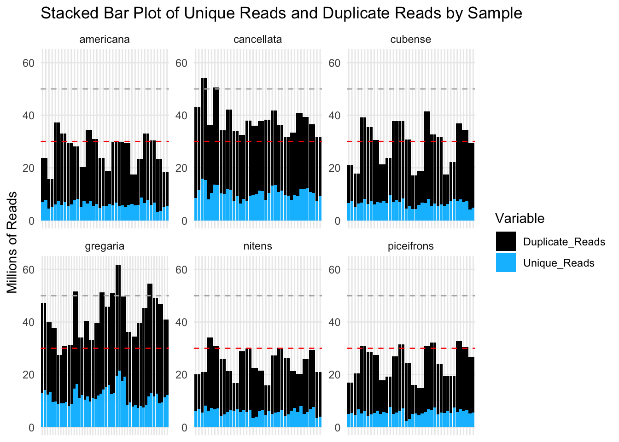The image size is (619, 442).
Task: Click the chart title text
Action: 281,13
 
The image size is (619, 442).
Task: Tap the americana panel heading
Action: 105,40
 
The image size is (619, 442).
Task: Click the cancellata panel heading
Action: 257,40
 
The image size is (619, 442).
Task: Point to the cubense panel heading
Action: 410,40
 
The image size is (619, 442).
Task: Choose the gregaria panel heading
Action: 105,246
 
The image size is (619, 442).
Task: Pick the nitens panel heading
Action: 257,246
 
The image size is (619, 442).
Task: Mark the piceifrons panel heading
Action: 410,246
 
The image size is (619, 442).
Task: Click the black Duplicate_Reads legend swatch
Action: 506,242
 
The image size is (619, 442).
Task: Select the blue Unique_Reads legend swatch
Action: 506,262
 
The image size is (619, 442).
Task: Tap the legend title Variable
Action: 520,218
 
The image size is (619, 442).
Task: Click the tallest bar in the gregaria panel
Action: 118,345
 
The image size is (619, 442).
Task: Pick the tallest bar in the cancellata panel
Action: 204,147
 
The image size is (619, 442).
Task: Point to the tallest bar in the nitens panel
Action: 210,382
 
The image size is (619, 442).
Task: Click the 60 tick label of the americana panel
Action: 29,63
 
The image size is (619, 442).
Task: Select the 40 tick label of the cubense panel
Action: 335,116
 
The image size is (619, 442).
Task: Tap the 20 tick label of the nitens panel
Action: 182,375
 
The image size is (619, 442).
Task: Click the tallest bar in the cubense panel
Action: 427,166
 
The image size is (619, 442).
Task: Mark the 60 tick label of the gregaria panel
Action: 29,270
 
